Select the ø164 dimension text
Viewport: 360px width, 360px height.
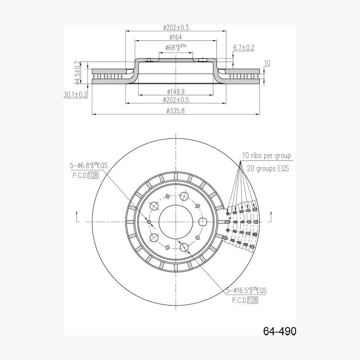(x=175, y=37)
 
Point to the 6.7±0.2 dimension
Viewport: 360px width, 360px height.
(x=243, y=48)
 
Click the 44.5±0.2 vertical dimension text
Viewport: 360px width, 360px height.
(x=77, y=72)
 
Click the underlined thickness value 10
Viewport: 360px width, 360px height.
(x=267, y=63)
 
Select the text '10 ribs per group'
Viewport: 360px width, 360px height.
(x=266, y=156)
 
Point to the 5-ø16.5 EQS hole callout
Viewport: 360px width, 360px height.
(x=246, y=290)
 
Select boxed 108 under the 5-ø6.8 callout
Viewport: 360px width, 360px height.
(x=93, y=175)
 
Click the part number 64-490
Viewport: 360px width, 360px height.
(x=279, y=331)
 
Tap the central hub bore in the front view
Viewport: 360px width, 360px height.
(x=175, y=222)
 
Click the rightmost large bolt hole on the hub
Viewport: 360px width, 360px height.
(x=202, y=222)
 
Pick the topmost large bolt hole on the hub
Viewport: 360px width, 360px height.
(x=184, y=196)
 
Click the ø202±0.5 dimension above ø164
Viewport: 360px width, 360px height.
(x=175, y=27)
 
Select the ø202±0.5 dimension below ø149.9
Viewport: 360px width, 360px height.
(x=175, y=100)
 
